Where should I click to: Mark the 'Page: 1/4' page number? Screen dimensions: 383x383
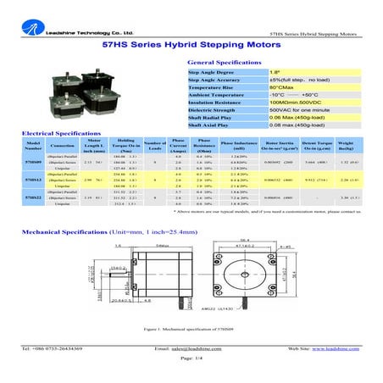(x=191, y=359)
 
